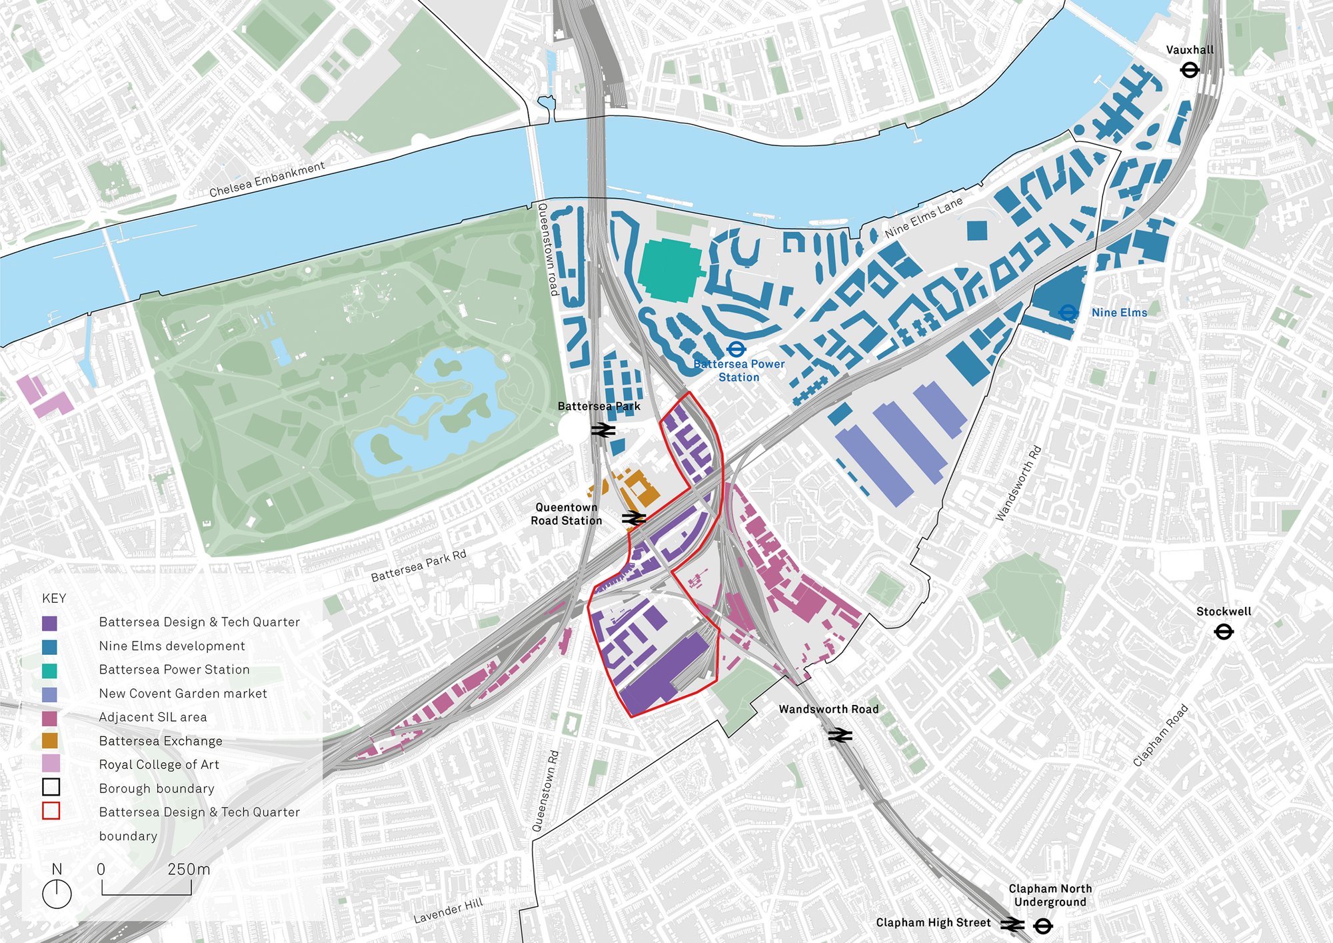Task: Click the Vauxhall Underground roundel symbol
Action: [x=1190, y=69]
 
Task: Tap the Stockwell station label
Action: [x=1223, y=612]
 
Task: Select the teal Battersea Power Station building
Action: [x=669, y=271]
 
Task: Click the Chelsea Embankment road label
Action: [x=267, y=179]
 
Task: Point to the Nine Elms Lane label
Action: [x=924, y=217]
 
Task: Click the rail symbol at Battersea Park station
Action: [x=603, y=430]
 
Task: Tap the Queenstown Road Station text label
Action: [x=567, y=514]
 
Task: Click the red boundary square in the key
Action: [x=51, y=811]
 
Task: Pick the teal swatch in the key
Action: [x=49, y=670]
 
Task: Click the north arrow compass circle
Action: [x=57, y=894]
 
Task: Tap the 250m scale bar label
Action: [x=189, y=869]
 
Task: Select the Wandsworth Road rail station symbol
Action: [x=840, y=735]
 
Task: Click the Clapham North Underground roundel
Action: [x=1043, y=926]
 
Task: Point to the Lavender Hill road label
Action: [x=448, y=911]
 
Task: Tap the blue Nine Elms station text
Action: [x=1119, y=313]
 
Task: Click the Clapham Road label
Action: [x=1160, y=736]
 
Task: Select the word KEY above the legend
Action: [x=54, y=598]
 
